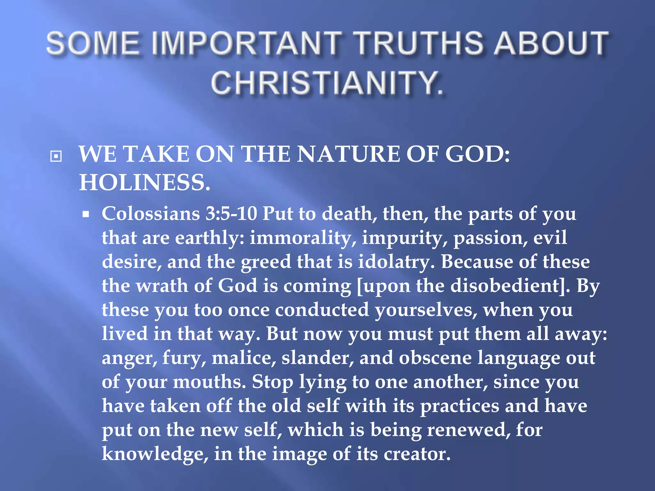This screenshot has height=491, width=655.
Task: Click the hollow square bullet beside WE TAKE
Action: click(x=56, y=156)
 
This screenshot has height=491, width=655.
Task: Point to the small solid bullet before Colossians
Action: click(x=85, y=214)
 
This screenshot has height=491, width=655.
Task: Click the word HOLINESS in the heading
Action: click(x=145, y=183)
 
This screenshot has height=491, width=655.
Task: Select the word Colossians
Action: click(x=151, y=214)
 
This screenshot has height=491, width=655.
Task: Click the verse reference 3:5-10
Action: click(x=231, y=214)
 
